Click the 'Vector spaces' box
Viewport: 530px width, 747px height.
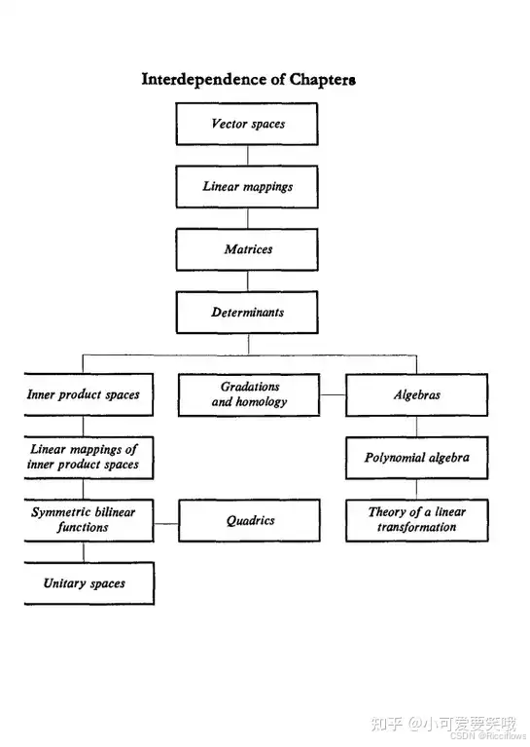(247, 124)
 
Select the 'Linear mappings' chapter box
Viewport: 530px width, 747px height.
(247, 187)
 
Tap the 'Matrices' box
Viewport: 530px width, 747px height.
(247, 249)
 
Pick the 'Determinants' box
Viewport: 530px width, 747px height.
(247, 313)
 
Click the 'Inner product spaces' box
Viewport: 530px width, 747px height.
(88, 394)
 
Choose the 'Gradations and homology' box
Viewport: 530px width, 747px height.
(249, 395)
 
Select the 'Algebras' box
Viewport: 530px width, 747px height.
(417, 395)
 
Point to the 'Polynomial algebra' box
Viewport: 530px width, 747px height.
(417, 458)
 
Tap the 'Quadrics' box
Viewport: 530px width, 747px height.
(249, 520)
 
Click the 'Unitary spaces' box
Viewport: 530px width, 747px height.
(88, 583)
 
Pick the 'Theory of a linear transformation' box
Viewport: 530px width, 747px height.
(417, 520)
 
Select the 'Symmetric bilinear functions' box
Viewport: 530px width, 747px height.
(88, 520)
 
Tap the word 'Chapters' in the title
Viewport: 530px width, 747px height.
(322, 79)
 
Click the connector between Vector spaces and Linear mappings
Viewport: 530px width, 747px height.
(247, 155)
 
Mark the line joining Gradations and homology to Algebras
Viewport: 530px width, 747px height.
(333, 395)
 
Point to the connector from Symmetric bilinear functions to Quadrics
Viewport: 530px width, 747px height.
(166, 524)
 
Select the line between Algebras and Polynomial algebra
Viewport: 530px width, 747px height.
(417, 427)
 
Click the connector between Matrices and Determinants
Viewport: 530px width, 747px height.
(247, 281)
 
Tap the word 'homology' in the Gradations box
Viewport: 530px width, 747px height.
(262, 402)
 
